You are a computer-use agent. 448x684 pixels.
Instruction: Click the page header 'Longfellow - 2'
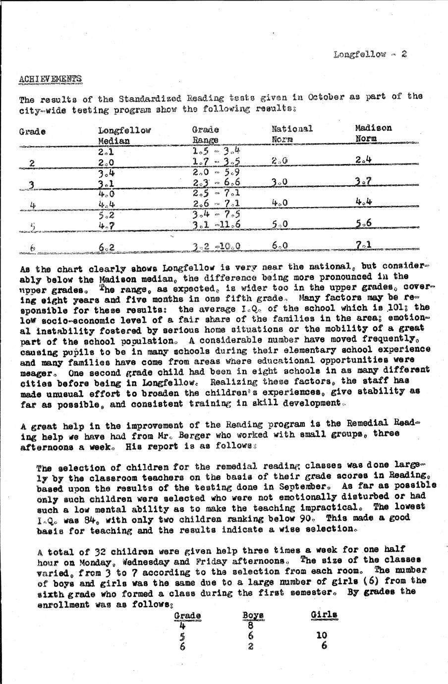[370, 54]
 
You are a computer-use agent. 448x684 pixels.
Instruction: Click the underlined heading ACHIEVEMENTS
[50, 79]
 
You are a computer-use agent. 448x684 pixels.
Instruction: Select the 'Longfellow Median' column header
[124, 135]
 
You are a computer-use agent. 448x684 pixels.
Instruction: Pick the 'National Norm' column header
[292, 133]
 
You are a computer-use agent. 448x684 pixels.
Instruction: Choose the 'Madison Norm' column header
[373, 133]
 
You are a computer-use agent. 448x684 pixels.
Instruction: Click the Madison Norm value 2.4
[363, 159]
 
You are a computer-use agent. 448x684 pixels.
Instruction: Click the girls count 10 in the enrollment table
[323, 635]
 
